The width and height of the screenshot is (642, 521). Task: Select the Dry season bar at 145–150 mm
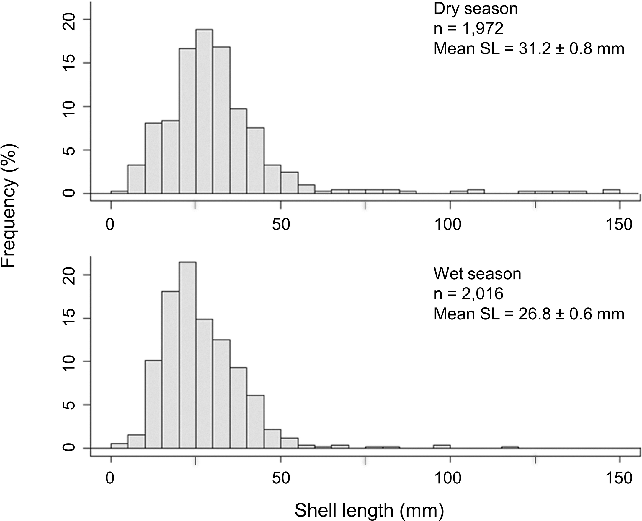(611, 192)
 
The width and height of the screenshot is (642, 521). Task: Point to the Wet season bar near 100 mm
(442, 447)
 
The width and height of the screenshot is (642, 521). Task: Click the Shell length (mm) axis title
(369, 510)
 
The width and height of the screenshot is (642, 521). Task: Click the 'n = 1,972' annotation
(468, 28)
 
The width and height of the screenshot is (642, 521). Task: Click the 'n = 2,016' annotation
(468, 294)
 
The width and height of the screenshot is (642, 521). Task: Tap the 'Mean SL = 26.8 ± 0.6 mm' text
(529, 314)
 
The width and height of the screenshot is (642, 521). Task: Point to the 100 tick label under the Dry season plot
(448, 225)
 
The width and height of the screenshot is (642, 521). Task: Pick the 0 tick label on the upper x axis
(110, 225)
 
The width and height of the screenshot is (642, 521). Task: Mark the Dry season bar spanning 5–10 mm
(136, 179)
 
